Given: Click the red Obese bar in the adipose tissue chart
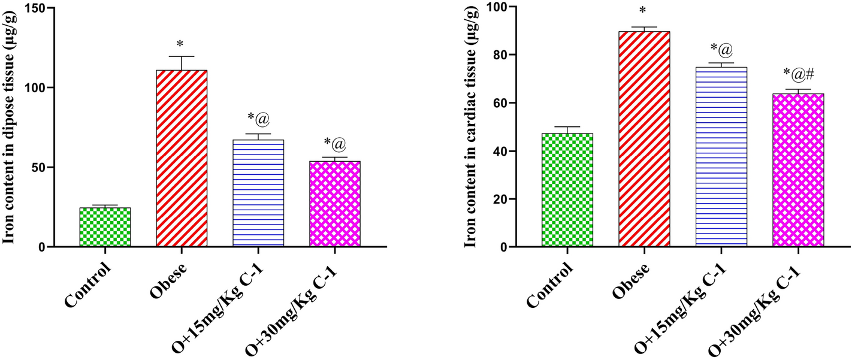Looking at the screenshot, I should click(x=182, y=158).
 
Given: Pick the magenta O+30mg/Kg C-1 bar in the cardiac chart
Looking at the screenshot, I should click(x=798, y=170).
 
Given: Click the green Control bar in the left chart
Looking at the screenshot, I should click(x=105, y=227).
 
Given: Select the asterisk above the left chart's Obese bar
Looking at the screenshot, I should click(x=180, y=45).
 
